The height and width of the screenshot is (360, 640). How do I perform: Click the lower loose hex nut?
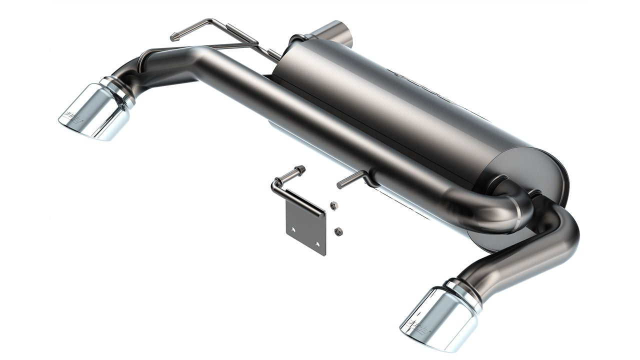coord(338,231)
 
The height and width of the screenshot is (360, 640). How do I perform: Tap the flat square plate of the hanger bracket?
coord(305,224)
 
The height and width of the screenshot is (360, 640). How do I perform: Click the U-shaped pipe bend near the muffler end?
coord(500,210)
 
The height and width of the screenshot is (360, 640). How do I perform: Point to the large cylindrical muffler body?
coord(400,100)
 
